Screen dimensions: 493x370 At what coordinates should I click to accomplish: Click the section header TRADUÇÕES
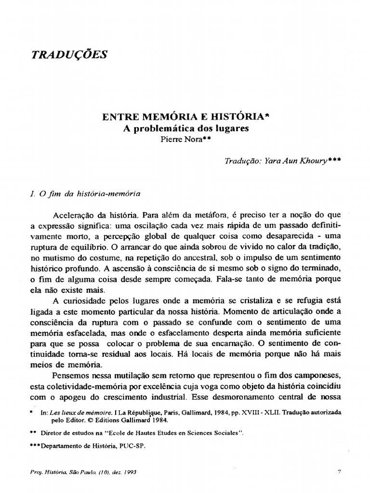[x=69, y=54]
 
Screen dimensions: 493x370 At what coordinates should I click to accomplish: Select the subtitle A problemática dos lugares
[x=185, y=129]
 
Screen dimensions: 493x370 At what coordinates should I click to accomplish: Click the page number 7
[x=339, y=472]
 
